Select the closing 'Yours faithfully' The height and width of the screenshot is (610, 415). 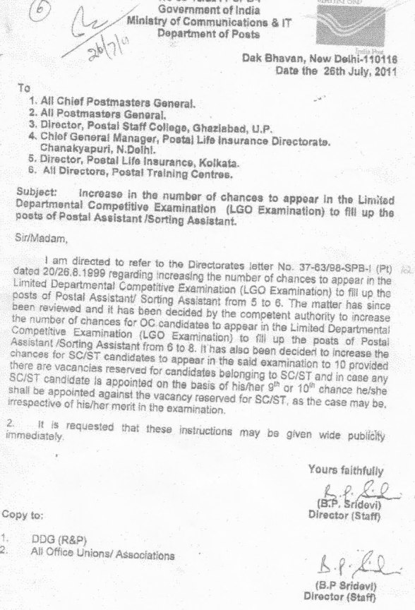(346, 469)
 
